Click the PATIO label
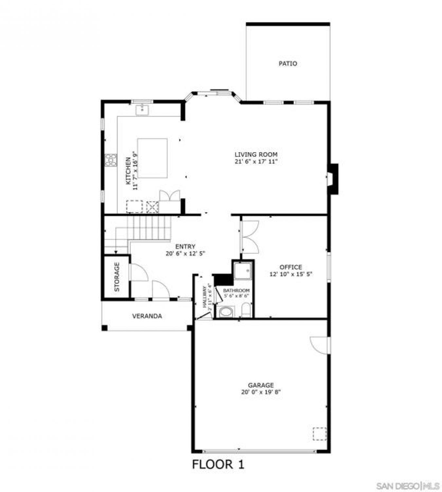(x=288, y=64)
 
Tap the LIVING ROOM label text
(x=256, y=154)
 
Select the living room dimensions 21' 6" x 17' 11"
(x=256, y=161)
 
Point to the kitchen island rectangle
(x=152, y=158)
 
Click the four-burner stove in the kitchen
(x=111, y=160)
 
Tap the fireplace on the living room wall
(x=333, y=179)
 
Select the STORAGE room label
(x=117, y=277)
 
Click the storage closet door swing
(x=139, y=272)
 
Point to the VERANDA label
(x=147, y=316)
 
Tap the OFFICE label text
(x=290, y=267)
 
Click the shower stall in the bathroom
(x=243, y=270)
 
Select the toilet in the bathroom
(x=246, y=310)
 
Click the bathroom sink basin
(x=225, y=312)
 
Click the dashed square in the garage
(x=320, y=434)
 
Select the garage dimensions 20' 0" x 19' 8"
(x=261, y=392)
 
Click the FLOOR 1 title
(x=218, y=465)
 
